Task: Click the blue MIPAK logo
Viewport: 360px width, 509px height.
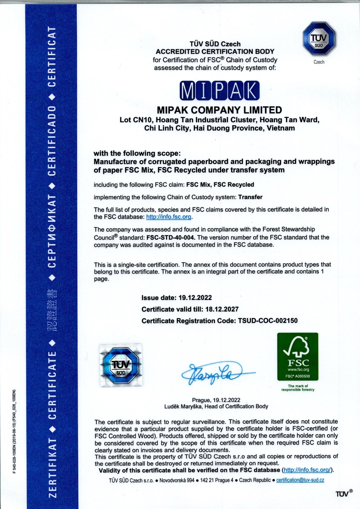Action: point(219,91)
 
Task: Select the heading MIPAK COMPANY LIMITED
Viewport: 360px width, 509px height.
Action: point(219,109)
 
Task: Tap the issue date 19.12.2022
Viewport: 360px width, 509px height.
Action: point(195,297)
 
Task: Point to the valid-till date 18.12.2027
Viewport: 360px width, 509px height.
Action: point(222,309)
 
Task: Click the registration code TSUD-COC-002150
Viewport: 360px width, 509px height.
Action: point(268,321)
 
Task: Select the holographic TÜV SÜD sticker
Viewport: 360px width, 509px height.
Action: point(121,365)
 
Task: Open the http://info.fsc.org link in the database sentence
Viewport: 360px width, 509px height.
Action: point(169,217)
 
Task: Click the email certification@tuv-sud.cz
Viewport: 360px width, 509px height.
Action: point(300,480)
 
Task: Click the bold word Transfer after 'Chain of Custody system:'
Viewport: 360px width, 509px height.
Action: point(250,197)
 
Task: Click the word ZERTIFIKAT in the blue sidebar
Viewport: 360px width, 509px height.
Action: point(52,467)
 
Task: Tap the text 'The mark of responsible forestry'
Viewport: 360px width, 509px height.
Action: point(298,388)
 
